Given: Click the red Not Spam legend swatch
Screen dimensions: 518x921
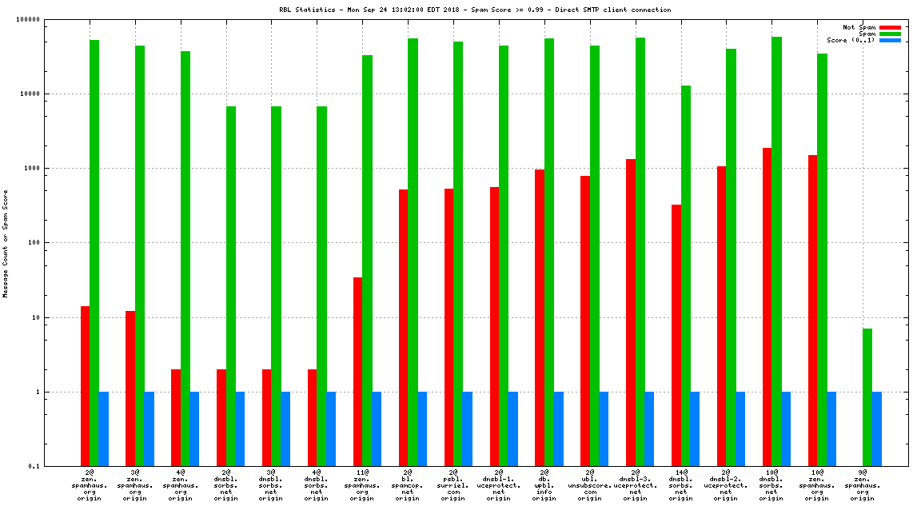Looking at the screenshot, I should [x=890, y=27].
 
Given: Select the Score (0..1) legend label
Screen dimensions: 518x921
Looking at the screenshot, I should [x=851, y=40].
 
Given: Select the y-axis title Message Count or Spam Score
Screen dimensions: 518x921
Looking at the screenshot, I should [x=6, y=243].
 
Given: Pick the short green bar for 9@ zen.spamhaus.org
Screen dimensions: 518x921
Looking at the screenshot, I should [x=867, y=397].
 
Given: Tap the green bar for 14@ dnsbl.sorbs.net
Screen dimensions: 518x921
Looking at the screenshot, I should [x=685, y=276].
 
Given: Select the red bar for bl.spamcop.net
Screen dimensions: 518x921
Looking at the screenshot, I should [x=403, y=328].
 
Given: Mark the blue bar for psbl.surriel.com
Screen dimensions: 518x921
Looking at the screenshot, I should [x=467, y=428].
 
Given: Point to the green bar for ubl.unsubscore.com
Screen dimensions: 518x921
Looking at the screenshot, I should [x=595, y=256].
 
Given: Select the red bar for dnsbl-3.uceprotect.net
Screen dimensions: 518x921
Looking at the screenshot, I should [x=631, y=313].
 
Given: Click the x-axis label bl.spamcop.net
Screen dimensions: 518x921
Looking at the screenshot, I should [x=408, y=485].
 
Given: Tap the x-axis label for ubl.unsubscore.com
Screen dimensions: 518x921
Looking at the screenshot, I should [x=590, y=485].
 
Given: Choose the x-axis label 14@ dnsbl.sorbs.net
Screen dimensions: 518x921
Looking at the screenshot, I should [x=681, y=485].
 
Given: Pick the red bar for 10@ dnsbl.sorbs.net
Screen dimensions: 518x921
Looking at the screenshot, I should [x=767, y=307].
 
